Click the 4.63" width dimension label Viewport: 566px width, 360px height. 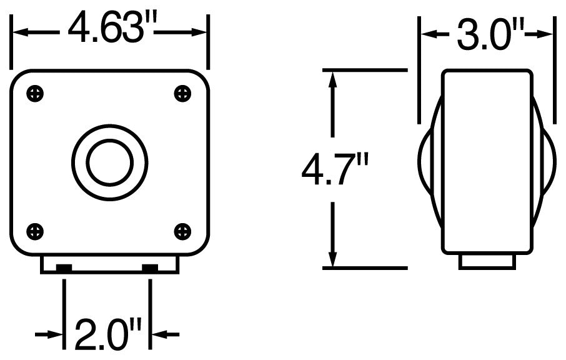[x=111, y=28]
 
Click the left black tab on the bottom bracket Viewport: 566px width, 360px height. [x=64, y=269]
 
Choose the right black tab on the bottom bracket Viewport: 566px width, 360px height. [x=150, y=269]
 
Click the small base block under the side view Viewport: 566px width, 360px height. [x=487, y=261]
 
